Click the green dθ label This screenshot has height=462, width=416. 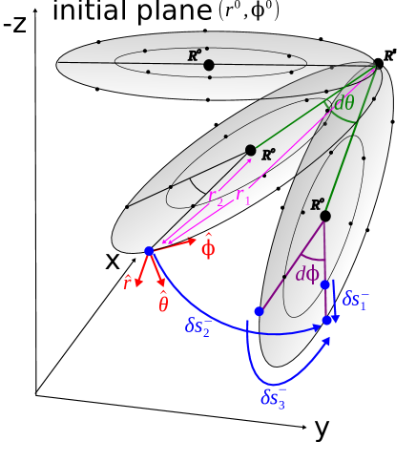343,104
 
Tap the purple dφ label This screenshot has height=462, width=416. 307,275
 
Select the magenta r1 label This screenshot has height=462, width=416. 243,197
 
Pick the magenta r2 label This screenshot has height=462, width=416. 216,197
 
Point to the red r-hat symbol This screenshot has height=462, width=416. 127,282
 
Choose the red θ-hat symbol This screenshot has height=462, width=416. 163,303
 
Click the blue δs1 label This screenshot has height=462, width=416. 356,299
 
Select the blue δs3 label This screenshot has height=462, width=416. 273,397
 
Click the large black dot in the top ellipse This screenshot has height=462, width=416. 209,65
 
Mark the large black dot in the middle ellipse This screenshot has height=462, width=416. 250,150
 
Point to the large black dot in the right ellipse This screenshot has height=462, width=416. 325,216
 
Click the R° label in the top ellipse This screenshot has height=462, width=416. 194,56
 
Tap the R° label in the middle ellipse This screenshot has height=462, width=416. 268,155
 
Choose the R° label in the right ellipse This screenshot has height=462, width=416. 318,203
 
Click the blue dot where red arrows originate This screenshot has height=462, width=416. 149,251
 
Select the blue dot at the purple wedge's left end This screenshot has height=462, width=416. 259,311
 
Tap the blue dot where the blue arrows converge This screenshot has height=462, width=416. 326,321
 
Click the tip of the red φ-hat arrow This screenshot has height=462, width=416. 196,240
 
